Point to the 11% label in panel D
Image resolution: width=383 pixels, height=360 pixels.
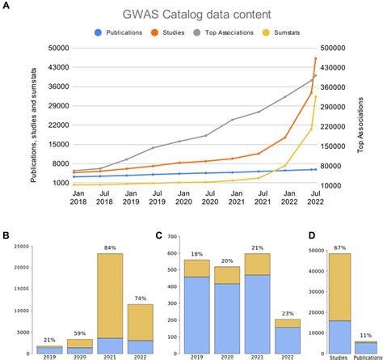tap(366, 336)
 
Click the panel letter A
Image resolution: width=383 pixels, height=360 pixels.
tap(6, 6)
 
